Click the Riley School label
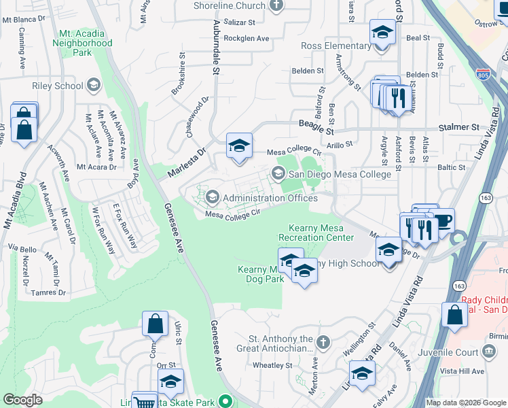(x=57, y=86)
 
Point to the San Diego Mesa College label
(x=340, y=174)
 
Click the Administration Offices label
(x=270, y=198)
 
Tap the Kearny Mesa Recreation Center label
(x=316, y=233)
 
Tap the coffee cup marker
(x=443, y=220)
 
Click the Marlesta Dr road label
(x=183, y=165)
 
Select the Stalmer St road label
(x=457, y=127)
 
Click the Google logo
(x=22, y=400)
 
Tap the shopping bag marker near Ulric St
(x=155, y=324)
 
